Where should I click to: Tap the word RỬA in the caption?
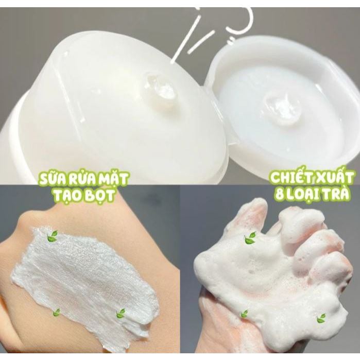pos(79,179)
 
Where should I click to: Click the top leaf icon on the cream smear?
pos(53,236)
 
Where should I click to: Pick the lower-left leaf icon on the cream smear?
pos(56,313)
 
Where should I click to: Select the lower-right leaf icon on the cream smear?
pos(121,313)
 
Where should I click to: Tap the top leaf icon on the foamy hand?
pos(250,237)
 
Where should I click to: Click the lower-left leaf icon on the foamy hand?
pos(244,314)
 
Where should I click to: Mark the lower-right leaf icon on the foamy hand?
pos(321,318)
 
